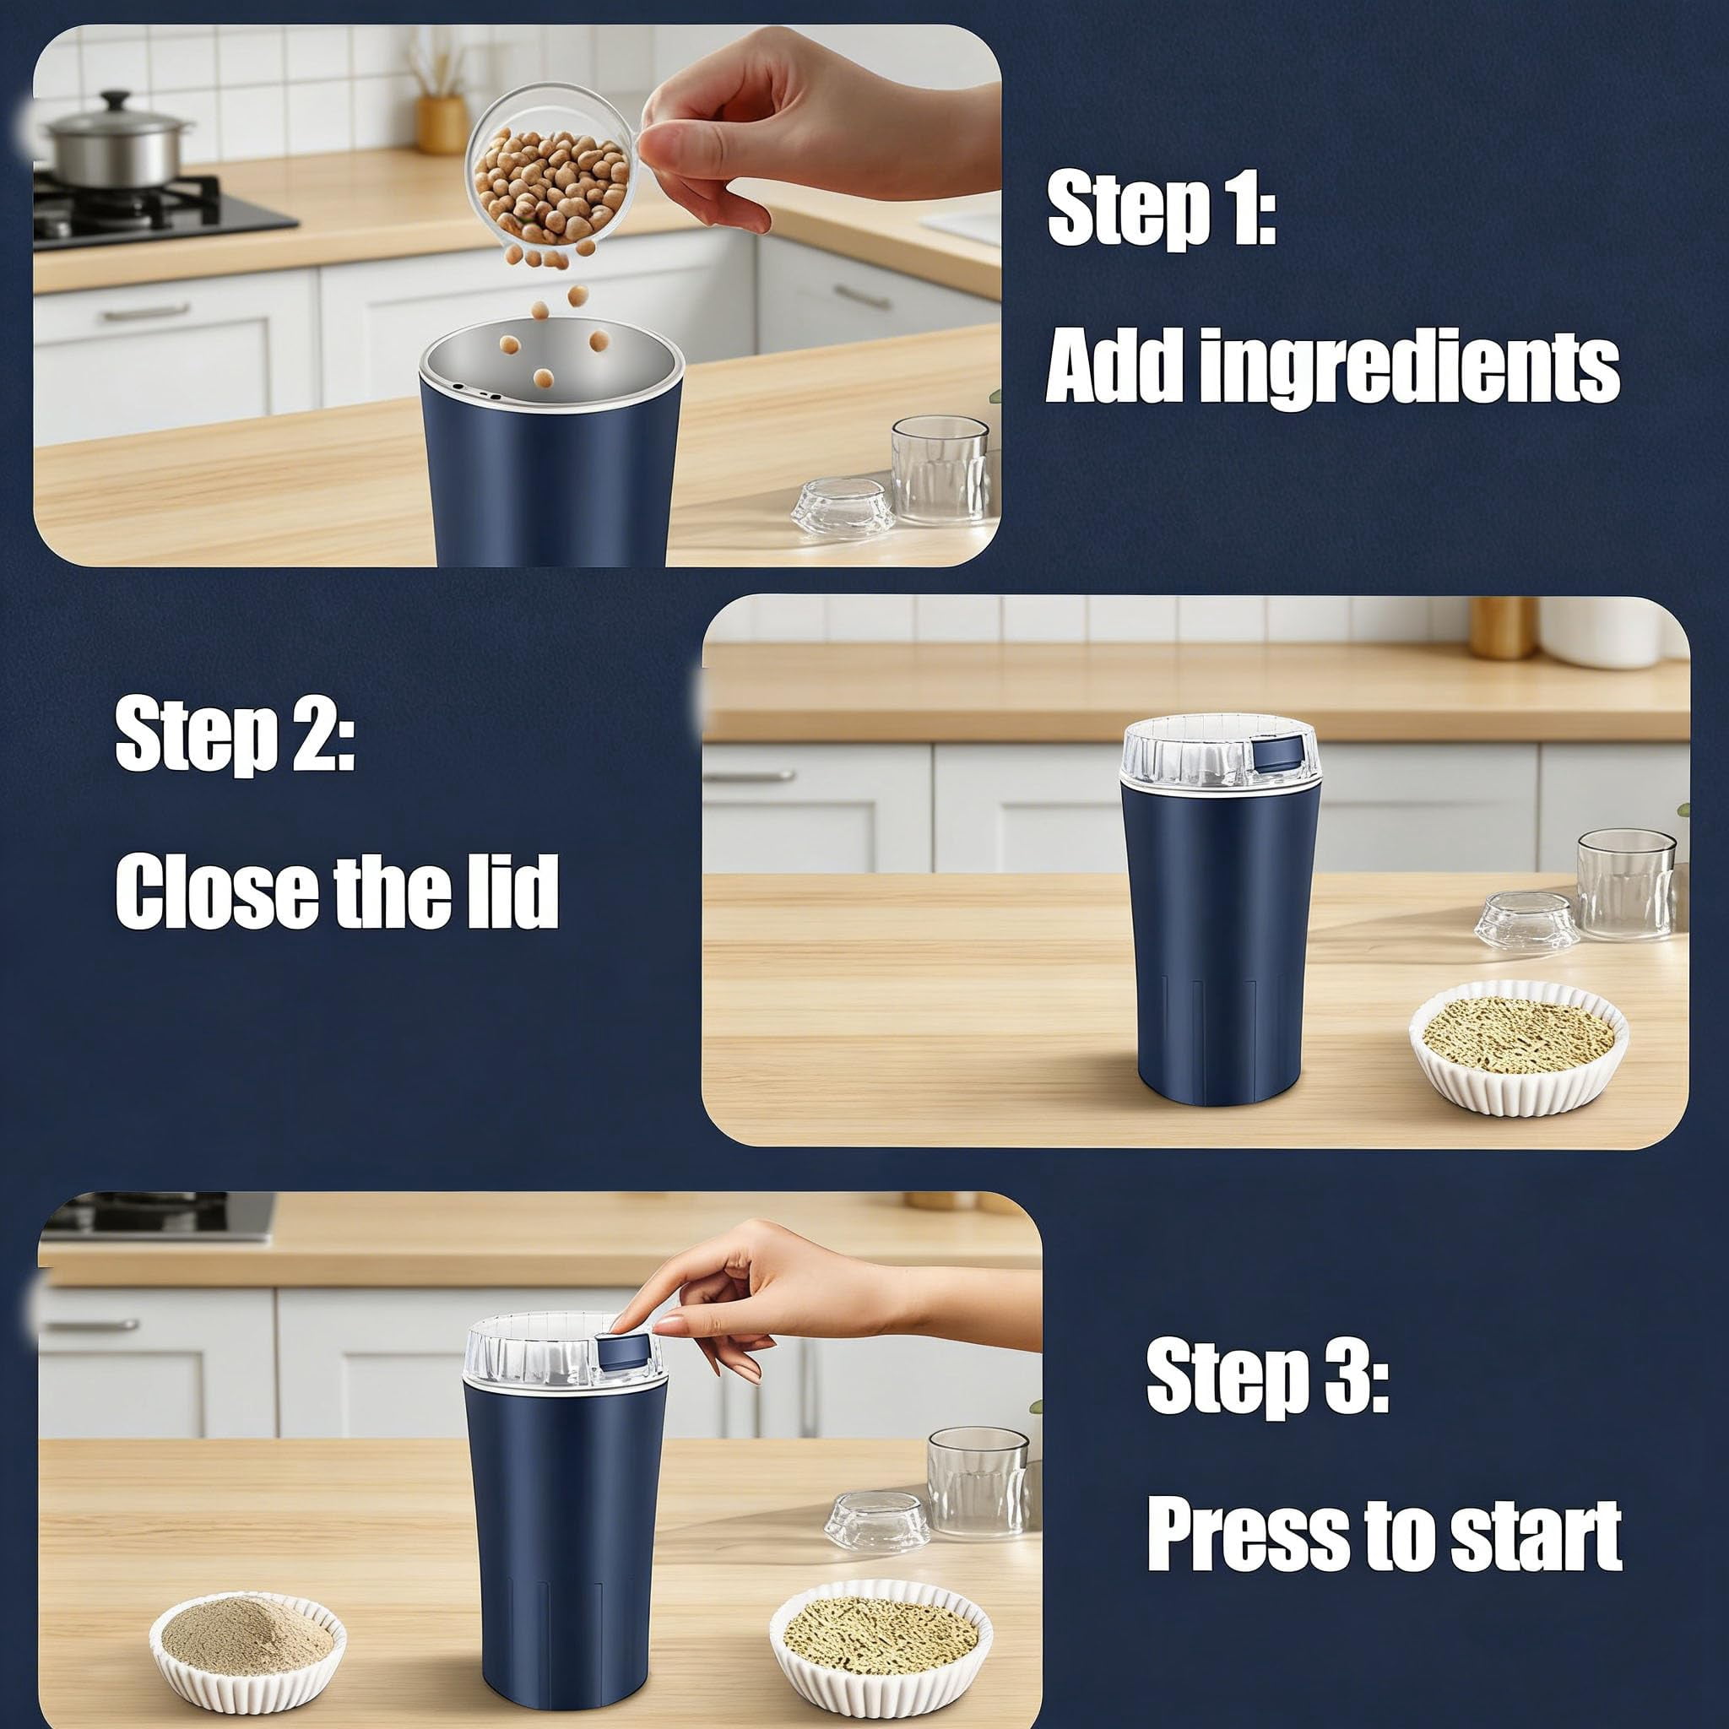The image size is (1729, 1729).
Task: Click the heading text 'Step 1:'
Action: (1162, 212)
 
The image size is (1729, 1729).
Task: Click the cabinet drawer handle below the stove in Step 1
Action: (146, 312)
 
